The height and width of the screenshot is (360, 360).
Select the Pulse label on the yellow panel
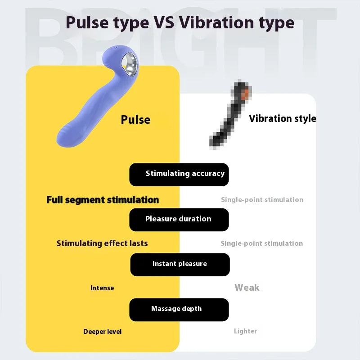135,120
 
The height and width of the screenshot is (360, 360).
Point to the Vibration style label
282,119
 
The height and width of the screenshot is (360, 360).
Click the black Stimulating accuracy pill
179,174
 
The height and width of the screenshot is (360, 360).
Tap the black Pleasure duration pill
179,220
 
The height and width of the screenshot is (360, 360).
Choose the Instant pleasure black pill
180,265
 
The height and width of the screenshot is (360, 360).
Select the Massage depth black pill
179,310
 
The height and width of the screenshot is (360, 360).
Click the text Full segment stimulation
103,200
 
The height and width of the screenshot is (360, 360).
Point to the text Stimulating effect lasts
102,243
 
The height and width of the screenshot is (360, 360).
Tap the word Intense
102,288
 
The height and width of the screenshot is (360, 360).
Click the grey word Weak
247,288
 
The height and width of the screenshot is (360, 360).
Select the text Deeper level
102,332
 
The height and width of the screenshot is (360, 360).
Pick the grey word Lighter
245,331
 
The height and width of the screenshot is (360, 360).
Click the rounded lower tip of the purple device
65,137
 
